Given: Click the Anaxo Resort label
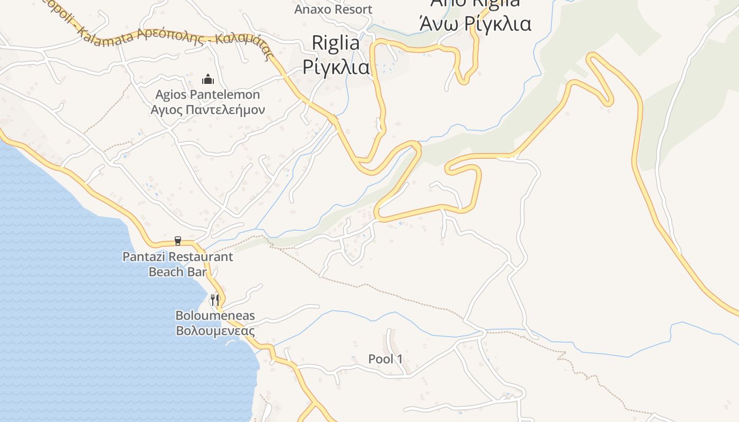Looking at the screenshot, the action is (x=333, y=9).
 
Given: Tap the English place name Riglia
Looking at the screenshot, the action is (x=336, y=43).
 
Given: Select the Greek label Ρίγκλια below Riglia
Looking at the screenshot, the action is (x=336, y=67).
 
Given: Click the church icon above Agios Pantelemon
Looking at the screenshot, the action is (x=209, y=80).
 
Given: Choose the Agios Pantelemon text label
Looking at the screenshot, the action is (x=207, y=95).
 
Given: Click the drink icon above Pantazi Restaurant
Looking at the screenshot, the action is (x=178, y=241).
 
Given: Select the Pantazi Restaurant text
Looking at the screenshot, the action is (x=177, y=257).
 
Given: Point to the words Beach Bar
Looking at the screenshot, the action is (x=177, y=272).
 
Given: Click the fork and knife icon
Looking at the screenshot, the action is (x=215, y=300).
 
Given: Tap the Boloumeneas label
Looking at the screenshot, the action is (x=215, y=315).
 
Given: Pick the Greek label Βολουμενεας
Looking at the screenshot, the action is (x=215, y=331).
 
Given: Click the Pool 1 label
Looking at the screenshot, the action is (x=385, y=359).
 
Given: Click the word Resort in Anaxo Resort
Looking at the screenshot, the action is (x=352, y=9).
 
